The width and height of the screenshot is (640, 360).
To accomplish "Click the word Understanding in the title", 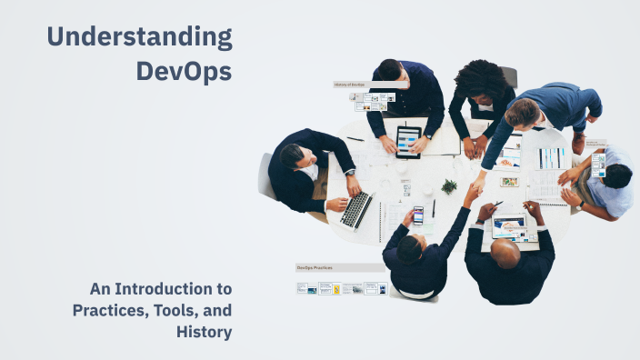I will click(x=139, y=37).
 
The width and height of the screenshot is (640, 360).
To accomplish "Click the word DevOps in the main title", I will click(x=184, y=70).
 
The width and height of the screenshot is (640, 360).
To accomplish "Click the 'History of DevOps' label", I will click(x=351, y=85).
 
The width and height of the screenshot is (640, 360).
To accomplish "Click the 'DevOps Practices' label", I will click(x=314, y=268).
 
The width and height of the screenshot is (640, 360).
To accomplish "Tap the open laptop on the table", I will click(x=356, y=210).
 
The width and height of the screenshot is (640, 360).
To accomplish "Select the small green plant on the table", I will click(x=449, y=186).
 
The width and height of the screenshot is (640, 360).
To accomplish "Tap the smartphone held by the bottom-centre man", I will click(x=418, y=215).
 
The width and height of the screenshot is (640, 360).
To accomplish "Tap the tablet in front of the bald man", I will click(x=509, y=227).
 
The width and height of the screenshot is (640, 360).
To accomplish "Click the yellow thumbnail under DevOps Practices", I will click(x=336, y=289).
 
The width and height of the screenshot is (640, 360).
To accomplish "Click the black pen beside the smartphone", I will click(x=434, y=208).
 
